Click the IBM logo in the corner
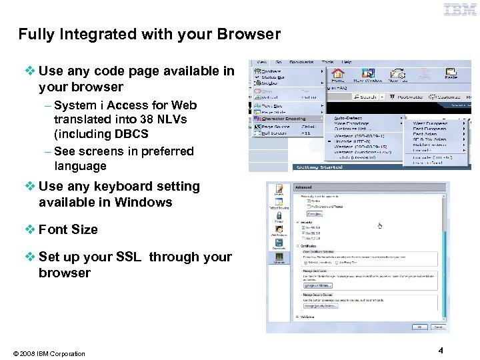[x=459, y=10]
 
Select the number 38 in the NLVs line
[x=149, y=120]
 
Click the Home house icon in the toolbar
[x=338, y=73]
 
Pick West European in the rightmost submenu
[x=431, y=123]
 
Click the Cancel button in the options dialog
[x=438, y=327]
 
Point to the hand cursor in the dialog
[x=380, y=225]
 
